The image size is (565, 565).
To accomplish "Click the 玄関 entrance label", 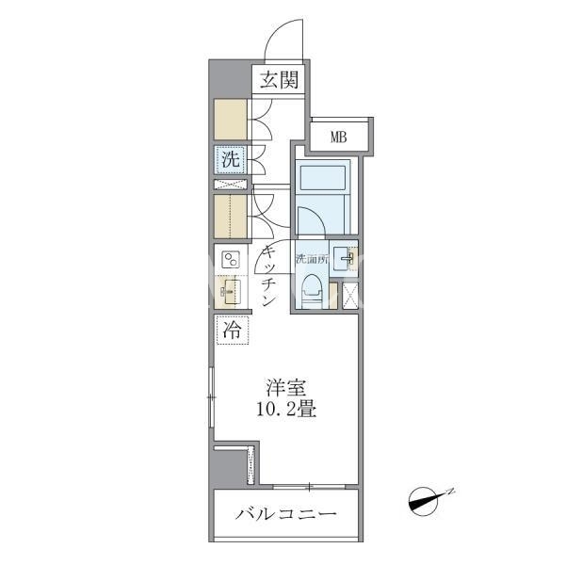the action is click(280, 80).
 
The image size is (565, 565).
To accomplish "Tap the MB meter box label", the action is click(339, 137).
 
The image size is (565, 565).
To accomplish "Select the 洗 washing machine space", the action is click(231, 159).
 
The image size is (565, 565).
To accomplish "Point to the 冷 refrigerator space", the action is click(232, 330).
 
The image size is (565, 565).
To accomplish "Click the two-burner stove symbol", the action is click(231, 260).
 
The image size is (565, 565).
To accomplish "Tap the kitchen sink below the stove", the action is click(231, 292).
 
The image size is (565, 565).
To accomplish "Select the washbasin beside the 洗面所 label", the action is click(343, 258).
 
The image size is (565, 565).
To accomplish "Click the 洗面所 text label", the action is click(312, 259).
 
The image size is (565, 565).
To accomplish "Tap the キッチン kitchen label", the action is click(269, 276).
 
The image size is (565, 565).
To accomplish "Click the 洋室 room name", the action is click(286, 388).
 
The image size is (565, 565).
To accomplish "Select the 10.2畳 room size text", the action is click(286, 410).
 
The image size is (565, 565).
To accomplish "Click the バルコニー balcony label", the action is click(286, 514).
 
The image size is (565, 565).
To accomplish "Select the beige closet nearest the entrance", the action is click(231, 119).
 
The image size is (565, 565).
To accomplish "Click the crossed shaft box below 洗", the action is click(231, 185).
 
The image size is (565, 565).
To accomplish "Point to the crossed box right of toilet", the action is click(350, 297).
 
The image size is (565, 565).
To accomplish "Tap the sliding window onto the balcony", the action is click(309, 487).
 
